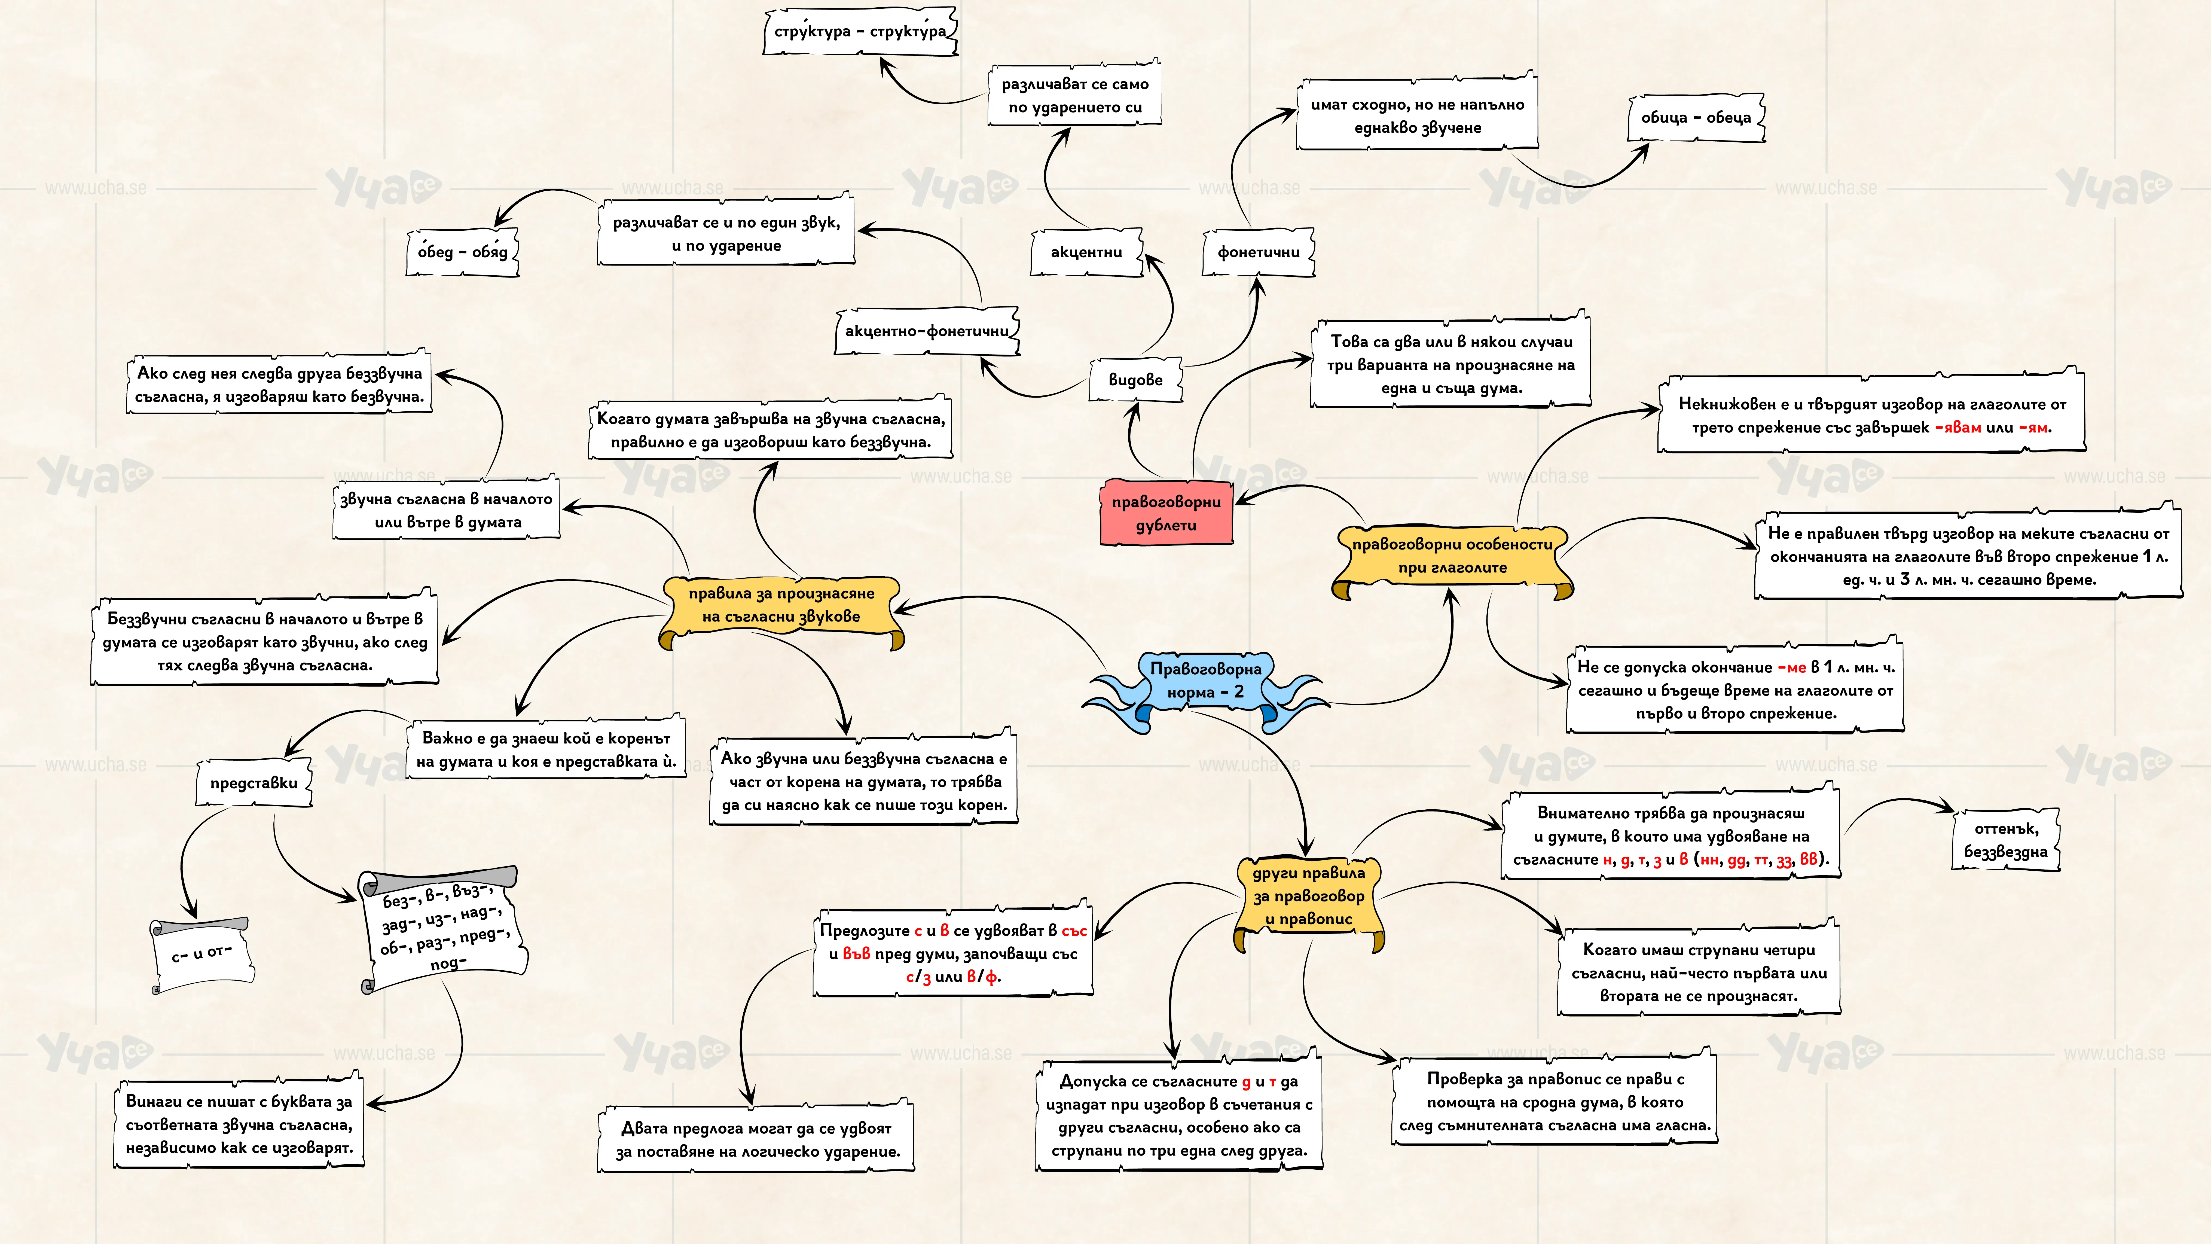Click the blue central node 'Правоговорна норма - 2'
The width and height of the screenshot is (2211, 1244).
point(1206,681)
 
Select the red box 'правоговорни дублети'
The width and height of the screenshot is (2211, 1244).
point(1166,513)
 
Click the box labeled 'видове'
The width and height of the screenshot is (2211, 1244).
point(1135,379)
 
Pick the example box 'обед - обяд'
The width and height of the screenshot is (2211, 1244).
point(463,252)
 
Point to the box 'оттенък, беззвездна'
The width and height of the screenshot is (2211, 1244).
point(2006,840)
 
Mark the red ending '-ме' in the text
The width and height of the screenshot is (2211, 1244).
point(1791,667)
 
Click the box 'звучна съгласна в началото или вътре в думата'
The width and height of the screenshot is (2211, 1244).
point(446,510)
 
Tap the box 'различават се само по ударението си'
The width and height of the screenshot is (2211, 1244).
point(1075,95)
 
